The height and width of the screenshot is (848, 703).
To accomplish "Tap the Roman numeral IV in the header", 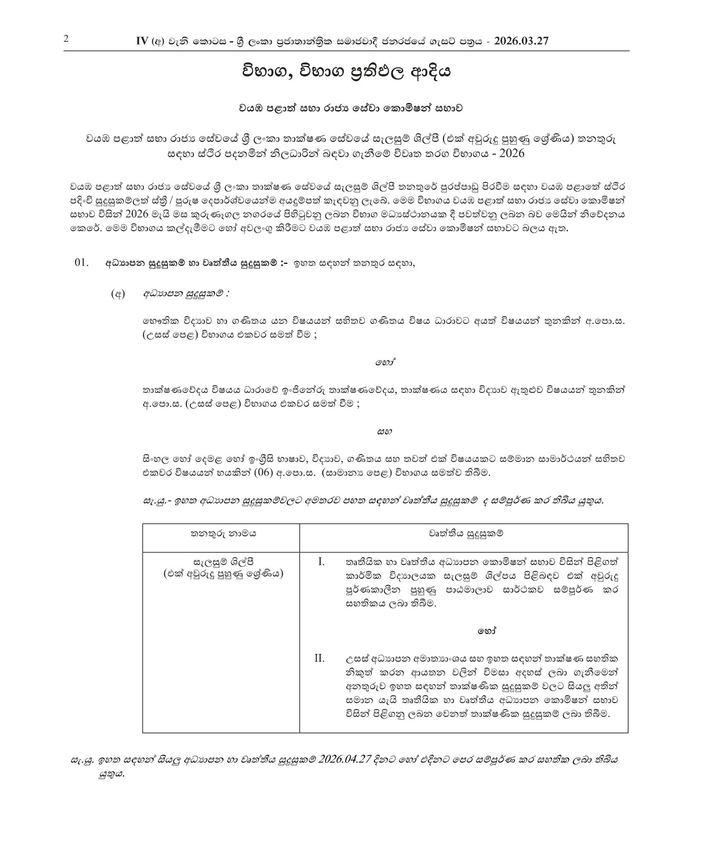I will pos(142,41).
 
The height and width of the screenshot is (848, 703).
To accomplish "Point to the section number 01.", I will pos(82,263).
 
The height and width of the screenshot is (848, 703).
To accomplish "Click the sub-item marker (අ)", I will pos(118,295).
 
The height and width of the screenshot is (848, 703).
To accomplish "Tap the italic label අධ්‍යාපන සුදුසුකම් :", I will pos(186,294).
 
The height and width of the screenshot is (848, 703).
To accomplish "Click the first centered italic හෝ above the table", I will pos(383,363).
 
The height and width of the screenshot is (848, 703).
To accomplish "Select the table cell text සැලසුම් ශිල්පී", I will pos(223,562).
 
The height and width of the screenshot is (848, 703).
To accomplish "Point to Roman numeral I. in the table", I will pos(321,562).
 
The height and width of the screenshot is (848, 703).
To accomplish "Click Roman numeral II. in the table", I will pos(319,658).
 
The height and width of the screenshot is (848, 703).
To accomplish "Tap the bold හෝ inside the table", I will pos(487,631).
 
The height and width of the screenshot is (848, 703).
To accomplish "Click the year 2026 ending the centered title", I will pos(512,153).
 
